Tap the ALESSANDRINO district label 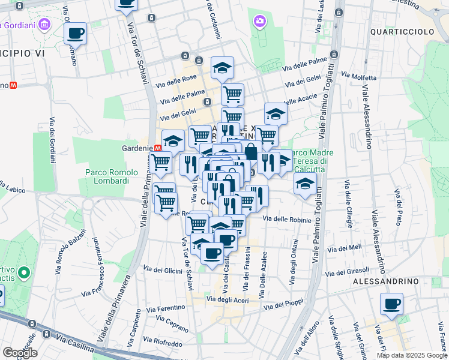385,281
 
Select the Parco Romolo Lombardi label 107,176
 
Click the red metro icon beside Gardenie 158,148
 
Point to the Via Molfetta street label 358,76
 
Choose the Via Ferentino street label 165,307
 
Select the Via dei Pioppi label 285,304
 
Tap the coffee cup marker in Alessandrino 392,305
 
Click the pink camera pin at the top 259,22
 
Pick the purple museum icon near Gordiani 44,25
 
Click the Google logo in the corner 20,353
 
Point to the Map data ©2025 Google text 411,355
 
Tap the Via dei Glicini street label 163,270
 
